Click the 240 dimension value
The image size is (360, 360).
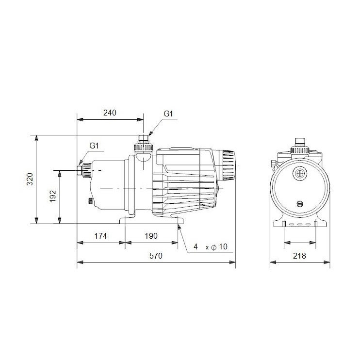click(110, 113)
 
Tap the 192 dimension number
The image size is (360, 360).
click(53, 196)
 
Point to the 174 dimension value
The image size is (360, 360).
click(100, 236)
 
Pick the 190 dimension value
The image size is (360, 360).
click(151, 236)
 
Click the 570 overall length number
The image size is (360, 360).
click(155, 256)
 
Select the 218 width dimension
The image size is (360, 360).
click(299, 256)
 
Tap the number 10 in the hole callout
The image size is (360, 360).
click(223, 247)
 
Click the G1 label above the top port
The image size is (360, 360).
click(168, 114)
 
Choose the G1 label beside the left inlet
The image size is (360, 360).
click(94, 146)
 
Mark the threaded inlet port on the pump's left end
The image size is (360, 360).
click(85, 170)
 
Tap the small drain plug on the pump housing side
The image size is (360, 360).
click(90, 201)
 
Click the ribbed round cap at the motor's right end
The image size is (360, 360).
click(228, 165)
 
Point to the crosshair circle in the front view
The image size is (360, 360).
click(299, 173)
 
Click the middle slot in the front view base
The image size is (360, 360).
click(299, 225)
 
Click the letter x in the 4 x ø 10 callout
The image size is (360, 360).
click(208, 248)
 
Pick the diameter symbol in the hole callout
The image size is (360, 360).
click(214, 247)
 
